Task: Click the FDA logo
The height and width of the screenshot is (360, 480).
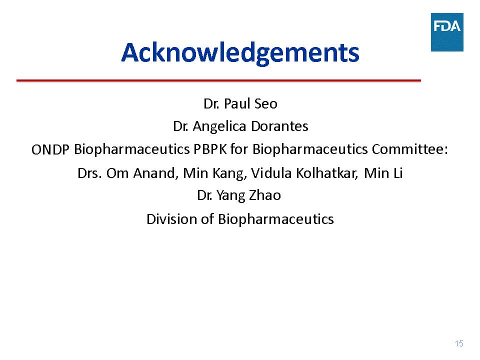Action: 447,32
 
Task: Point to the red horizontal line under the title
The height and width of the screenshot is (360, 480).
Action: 218,80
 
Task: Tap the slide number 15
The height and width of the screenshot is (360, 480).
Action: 459,343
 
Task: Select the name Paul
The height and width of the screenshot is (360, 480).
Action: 237,104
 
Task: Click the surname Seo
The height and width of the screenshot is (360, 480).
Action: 266,104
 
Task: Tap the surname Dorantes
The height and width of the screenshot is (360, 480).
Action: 279,126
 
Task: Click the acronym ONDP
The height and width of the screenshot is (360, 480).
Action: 50,149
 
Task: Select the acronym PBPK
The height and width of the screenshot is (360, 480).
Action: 210,149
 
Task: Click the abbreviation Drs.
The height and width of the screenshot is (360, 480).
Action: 89,173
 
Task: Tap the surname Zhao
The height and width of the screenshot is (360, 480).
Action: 265,195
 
